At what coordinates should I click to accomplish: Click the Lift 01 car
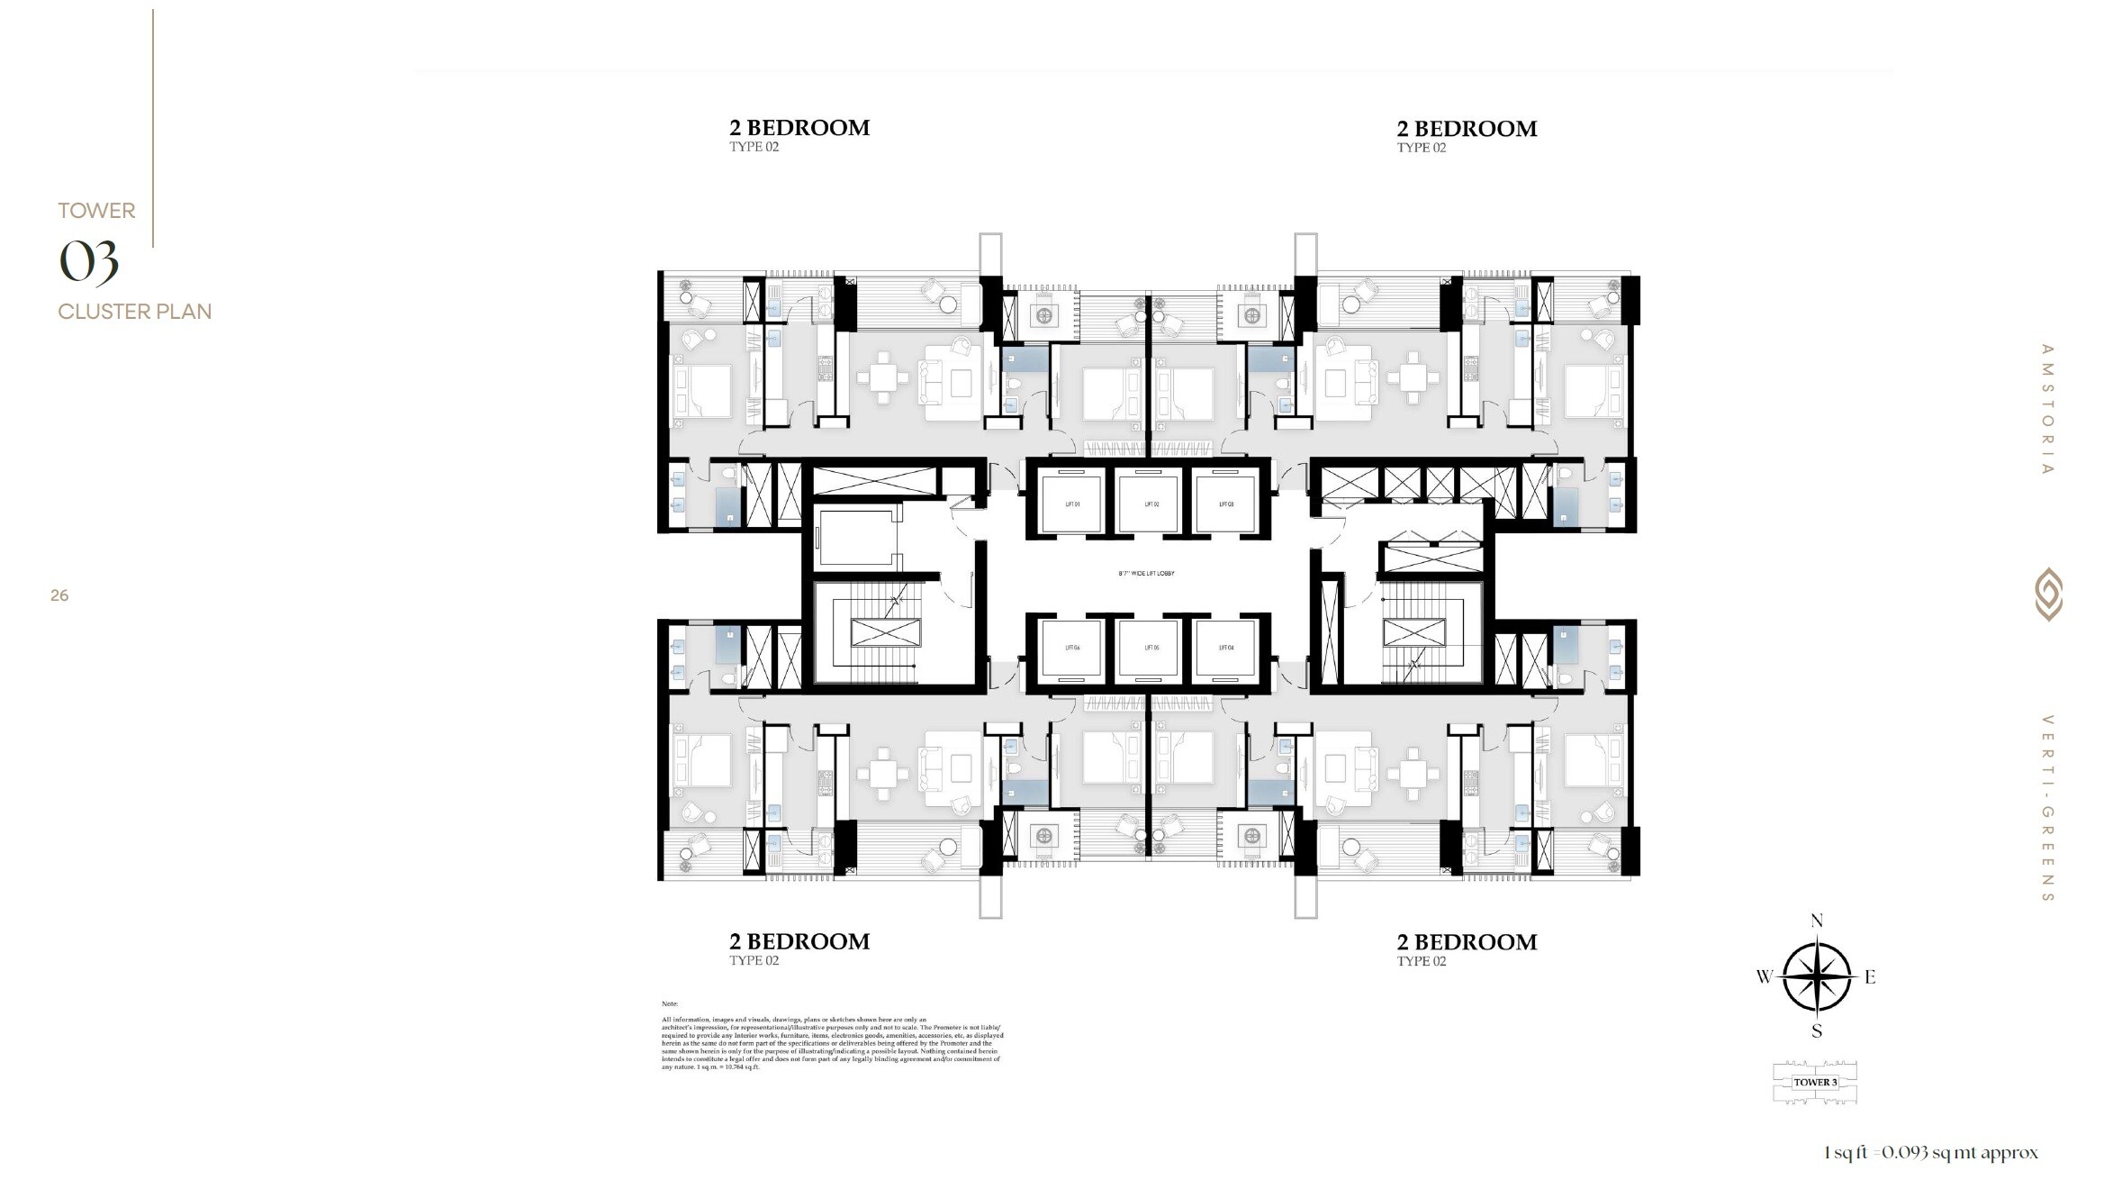(1071, 504)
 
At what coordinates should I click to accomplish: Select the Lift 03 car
(1225, 504)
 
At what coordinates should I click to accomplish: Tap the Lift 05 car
(1150, 648)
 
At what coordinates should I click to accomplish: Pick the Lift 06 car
(1071, 648)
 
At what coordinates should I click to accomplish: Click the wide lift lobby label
(1146, 574)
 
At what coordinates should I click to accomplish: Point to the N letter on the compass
(1817, 921)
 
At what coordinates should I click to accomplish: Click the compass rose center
(1817, 976)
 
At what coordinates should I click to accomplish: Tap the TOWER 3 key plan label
(1814, 1083)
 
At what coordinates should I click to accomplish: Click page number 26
(59, 595)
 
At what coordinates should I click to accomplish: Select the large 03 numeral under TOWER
(88, 262)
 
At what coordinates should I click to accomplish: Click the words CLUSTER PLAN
(135, 312)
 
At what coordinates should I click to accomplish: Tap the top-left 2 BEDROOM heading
(799, 128)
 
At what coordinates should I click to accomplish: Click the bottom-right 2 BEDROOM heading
(1467, 942)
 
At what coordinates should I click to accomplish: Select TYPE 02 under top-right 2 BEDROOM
(1421, 148)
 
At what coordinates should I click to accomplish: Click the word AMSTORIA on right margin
(2047, 409)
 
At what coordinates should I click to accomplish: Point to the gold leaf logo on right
(2048, 594)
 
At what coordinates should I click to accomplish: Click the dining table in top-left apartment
(881, 377)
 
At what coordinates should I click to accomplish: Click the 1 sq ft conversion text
(1930, 1153)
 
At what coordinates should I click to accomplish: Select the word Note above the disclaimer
(669, 1003)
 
